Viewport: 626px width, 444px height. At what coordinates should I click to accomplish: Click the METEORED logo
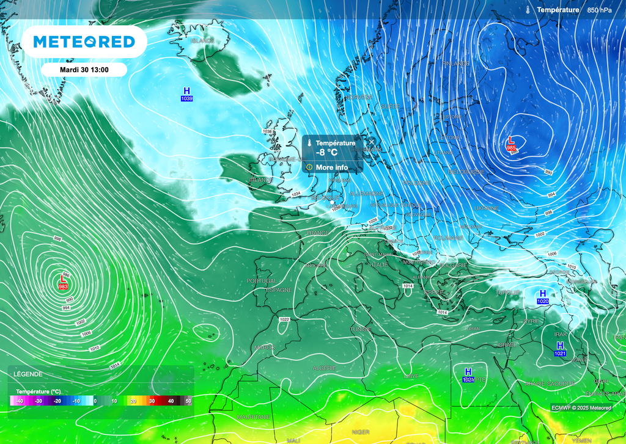click(x=84, y=42)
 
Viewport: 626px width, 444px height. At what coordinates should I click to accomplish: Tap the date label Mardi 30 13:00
click(x=84, y=70)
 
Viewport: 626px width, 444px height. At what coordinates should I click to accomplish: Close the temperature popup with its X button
click(x=371, y=142)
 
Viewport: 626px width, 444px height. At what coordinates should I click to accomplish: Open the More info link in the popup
click(x=332, y=167)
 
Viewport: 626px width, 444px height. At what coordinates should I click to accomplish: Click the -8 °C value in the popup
click(x=327, y=153)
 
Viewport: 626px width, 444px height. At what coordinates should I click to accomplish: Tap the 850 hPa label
click(x=599, y=10)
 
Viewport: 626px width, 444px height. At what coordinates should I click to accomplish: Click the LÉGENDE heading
click(x=28, y=374)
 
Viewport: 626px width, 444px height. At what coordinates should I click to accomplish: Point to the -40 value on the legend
click(x=19, y=401)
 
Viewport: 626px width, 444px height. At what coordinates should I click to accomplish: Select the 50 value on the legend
click(x=188, y=401)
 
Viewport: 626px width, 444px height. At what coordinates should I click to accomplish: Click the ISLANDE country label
click(x=202, y=41)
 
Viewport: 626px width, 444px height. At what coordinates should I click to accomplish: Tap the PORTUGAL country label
click(x=262, y=281)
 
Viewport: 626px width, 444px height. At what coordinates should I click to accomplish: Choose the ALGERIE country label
click(x=324, y=368)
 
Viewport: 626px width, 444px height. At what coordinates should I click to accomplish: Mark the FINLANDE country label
click(x=456, y=64)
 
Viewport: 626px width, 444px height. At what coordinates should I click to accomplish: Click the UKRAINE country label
click(x=487, y=208)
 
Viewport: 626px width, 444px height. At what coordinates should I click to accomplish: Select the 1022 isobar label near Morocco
click(x=284, y=319)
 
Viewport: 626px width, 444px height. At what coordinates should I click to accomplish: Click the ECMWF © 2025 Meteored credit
click(x=581, y=408)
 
